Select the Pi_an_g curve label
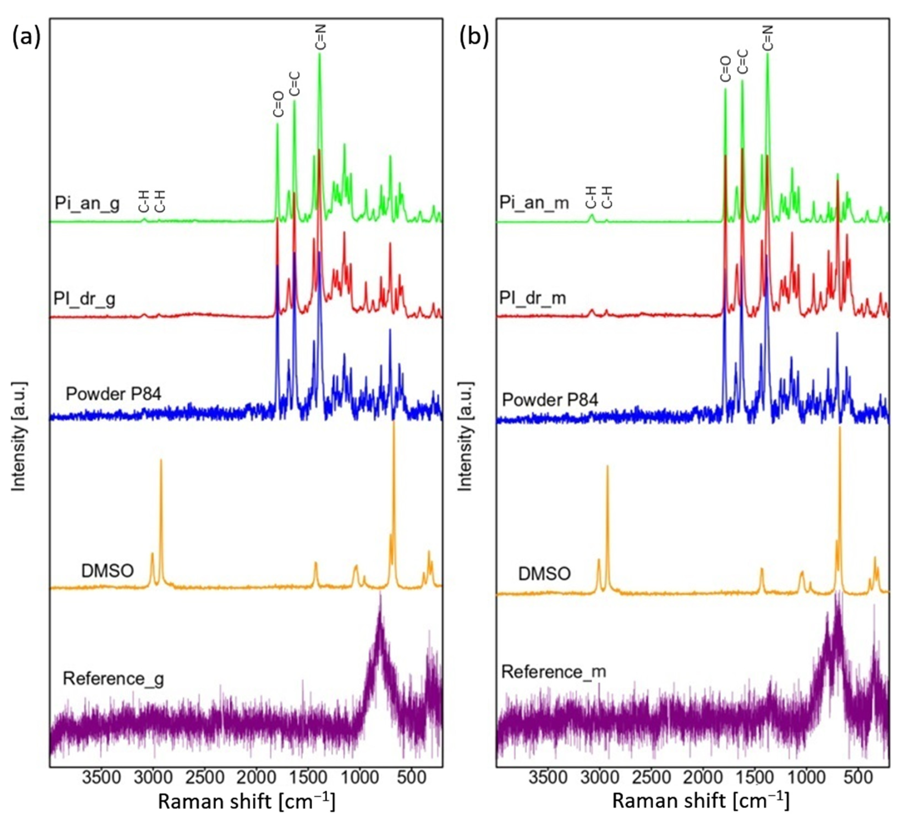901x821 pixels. click(x=87, y=203)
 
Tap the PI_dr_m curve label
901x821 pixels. click(x=533, y=298)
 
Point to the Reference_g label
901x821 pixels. click(x=114, y=678)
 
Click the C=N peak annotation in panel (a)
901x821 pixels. click(x=321, y=37)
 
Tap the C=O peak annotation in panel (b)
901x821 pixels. click(x=725, y=69)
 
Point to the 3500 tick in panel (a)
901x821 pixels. click(x=102, y=778)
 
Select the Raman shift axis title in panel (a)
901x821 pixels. click(x=246, y=802)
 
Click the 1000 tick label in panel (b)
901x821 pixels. click(x=807, y=778)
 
